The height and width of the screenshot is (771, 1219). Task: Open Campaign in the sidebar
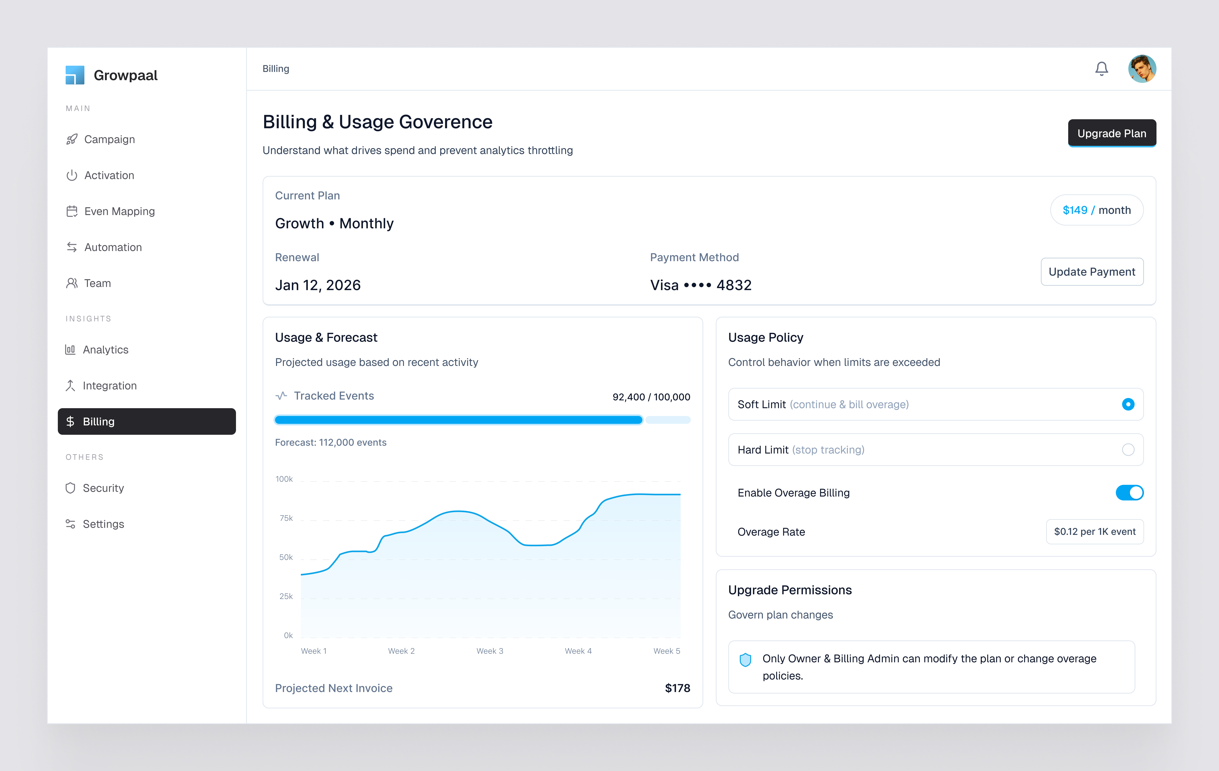(109, 139)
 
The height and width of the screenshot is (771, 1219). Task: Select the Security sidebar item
(103, 488)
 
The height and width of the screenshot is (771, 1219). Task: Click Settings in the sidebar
(103, 524)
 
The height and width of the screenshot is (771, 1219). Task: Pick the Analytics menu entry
(105, 350)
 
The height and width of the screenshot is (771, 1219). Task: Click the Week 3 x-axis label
(490, 651)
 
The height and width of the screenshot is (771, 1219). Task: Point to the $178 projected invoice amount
(677, 688)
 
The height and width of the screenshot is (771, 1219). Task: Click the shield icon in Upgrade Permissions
(745, 660)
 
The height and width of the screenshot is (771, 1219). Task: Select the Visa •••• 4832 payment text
(701, 285)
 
